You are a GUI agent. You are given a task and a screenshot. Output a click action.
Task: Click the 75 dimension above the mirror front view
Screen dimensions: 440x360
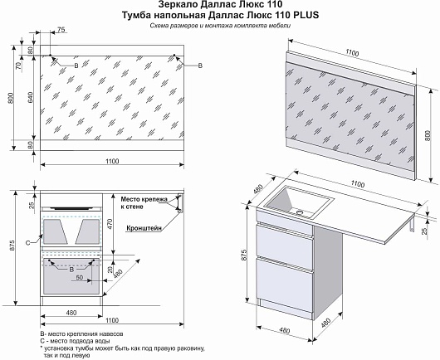(x=61, y=30)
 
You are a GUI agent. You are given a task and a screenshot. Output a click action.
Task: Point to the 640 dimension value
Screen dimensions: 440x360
(x=31, y=97)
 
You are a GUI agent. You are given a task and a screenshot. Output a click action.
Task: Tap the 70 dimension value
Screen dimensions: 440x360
(x=18, y=66)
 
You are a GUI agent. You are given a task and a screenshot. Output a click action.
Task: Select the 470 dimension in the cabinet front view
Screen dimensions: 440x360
(x=110, y=224)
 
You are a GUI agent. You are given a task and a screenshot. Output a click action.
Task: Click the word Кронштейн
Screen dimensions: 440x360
(x=144, y=228)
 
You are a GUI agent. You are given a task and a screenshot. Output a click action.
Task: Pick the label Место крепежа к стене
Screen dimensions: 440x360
(x=144, y=203)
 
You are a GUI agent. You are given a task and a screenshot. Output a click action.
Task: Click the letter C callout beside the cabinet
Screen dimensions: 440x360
(x=27, y=243)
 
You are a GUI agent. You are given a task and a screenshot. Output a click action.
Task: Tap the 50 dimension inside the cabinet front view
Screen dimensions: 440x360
(x=80, y=277)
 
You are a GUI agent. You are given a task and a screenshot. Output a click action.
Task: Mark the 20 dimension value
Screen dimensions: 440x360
(x=110, y=270)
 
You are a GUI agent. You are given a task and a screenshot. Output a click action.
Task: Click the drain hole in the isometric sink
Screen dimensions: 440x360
(x=301, y=212)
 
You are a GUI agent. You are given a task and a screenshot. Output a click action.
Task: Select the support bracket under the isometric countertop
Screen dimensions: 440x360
(x=411, y=225)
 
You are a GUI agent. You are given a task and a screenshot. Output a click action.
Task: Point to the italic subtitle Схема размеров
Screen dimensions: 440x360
(x=174, y=26)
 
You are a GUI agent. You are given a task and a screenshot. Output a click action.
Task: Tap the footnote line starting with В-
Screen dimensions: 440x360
(x=81, y=334)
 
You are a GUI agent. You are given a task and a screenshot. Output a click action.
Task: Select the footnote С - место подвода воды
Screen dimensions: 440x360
(x=75, y=341)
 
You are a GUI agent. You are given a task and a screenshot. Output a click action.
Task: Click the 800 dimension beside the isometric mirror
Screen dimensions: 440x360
(x=428, y=136)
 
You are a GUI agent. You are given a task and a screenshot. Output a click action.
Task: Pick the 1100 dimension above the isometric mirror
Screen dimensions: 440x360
(x=352, y=52)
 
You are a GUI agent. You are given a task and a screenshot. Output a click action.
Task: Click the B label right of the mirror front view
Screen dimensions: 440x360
(x=200, y=66)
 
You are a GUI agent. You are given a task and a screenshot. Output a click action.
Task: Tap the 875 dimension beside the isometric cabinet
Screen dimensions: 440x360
(x=244, y=255)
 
